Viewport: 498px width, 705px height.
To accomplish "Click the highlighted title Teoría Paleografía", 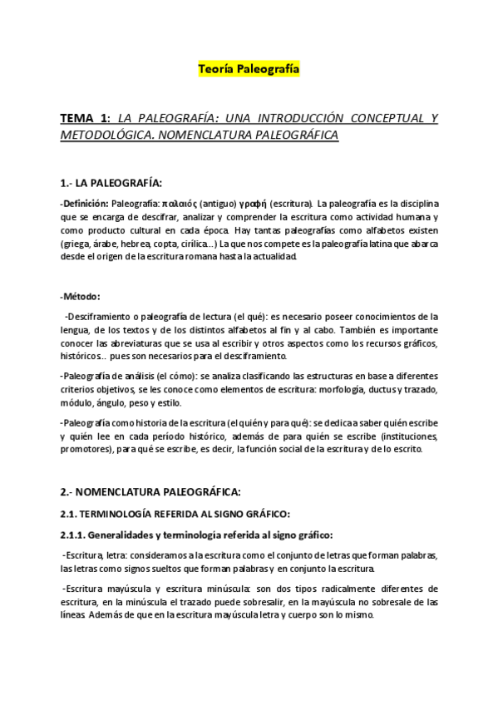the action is click(249, 70).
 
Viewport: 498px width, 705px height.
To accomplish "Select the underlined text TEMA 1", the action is click(85, 119).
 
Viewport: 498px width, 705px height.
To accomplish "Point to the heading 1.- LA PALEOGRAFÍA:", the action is click(111, 182).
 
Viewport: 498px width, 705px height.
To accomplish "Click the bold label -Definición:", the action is click(84, 203).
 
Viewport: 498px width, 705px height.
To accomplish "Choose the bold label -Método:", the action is click(81, 296).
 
